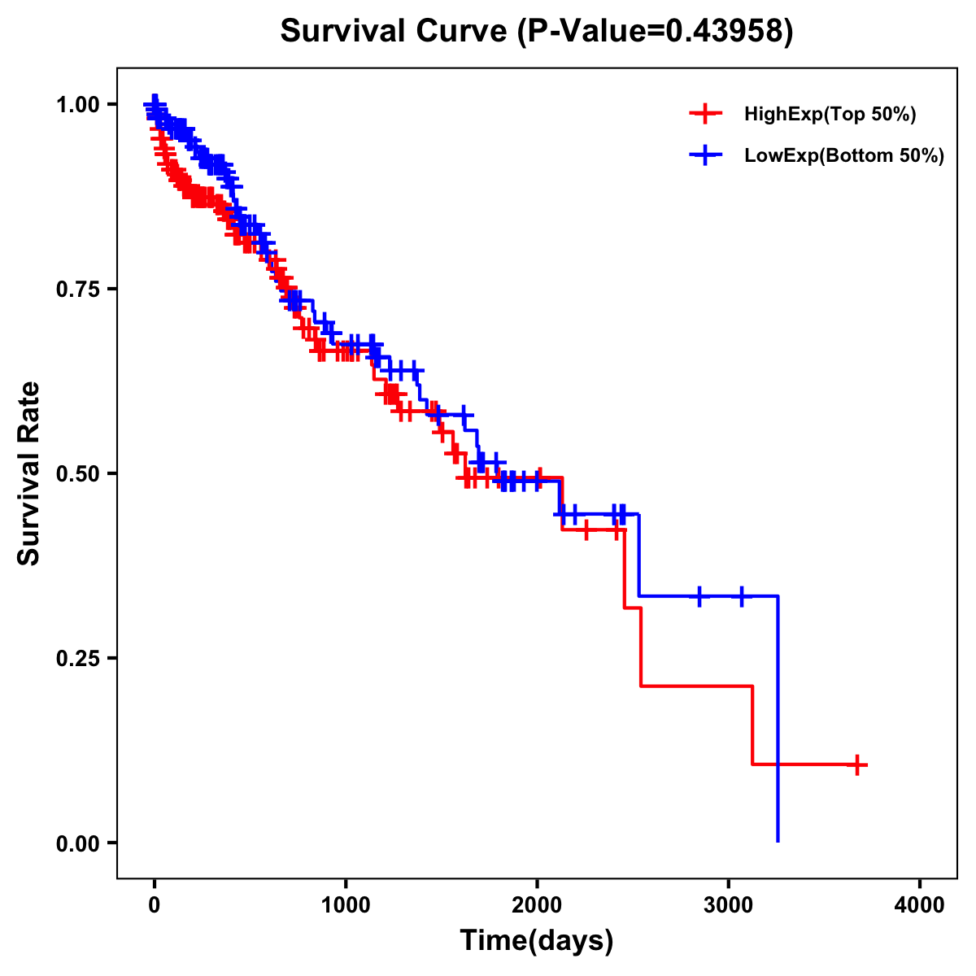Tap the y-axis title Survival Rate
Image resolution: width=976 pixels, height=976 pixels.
tap(29, 473)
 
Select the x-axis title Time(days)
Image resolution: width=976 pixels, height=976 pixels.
tap(537, 941)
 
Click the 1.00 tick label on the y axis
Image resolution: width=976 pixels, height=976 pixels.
tap(77, 104)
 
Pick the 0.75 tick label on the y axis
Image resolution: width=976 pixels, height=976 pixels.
tap(77, 289)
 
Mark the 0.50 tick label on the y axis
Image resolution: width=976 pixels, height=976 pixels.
tap(77, 473)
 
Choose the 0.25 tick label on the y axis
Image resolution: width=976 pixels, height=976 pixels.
tap(77, 658)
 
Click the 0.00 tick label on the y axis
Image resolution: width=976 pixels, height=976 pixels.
tap(77, 843)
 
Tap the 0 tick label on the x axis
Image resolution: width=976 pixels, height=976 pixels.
tap(155, 905)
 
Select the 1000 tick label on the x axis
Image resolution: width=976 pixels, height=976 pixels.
tap(346, 905)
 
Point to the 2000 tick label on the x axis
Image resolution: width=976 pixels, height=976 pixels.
tap(537, 905)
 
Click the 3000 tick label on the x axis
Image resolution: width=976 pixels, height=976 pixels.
tap(728, 905)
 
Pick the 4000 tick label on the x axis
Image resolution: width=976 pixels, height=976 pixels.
tap(920, 905)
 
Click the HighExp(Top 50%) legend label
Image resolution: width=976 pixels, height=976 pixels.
tap(830, 115)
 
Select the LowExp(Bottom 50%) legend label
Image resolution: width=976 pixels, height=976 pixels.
tap(844, 156)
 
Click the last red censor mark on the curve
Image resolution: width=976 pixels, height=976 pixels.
tap(857, 765)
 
